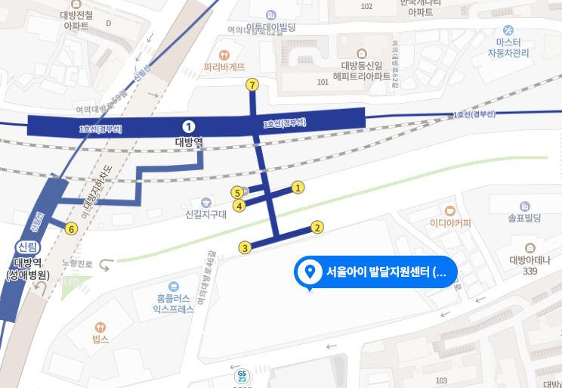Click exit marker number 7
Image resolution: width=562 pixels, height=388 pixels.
click(252, 85)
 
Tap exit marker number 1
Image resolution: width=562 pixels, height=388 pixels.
click(298, 187)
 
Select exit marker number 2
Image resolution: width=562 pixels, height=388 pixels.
click(317, 227)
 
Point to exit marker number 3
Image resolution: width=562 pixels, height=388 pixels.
click(245, 247)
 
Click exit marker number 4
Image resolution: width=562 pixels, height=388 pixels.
click(239, 205)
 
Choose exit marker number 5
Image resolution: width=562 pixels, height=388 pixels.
click(237, 193)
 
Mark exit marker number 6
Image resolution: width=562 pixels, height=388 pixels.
click(72, 228)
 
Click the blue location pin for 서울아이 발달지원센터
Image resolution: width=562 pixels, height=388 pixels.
click(308, 272)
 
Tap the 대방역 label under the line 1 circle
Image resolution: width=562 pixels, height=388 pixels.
click(189, 141)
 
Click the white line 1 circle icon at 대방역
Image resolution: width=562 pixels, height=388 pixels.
click(189, 126)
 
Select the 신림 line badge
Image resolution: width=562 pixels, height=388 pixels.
click(26, 247)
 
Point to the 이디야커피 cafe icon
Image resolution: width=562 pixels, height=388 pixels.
click(450, 211)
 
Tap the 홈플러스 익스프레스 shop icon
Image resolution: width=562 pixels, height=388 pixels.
click(174, 286)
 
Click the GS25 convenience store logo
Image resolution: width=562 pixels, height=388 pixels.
click(242, 374)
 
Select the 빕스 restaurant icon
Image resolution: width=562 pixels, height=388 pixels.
click(100, 327)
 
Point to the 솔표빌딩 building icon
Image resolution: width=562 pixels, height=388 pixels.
click(525, 206)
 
